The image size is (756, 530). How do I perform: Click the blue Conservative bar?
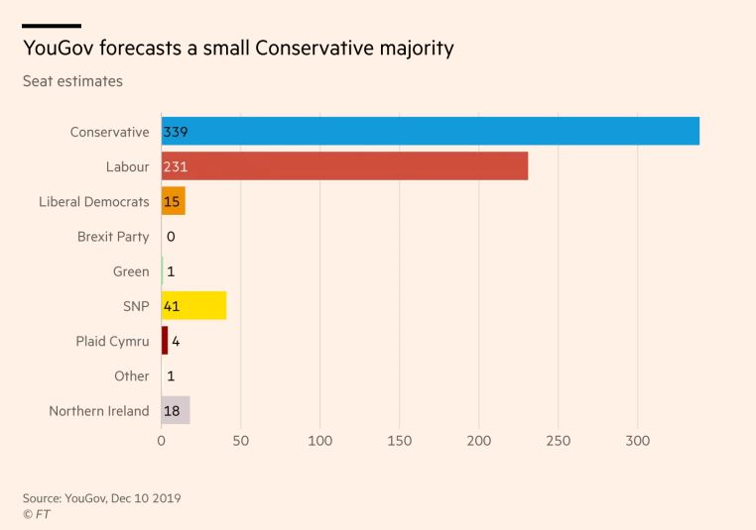click(431, 132)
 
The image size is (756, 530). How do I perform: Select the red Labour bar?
click(344, 166)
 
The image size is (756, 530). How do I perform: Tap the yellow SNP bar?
click(194, 306)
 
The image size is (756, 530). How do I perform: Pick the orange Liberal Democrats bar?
click(174, 201)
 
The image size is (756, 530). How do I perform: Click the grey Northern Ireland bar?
click(176, 410)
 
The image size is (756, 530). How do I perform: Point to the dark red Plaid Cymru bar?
click(165, 341)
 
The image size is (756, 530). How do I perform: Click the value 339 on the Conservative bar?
click(176, 132)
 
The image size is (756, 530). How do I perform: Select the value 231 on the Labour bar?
click(176, 166)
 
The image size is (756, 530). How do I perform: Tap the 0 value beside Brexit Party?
click(171, 237)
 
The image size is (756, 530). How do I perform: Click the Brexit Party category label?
click(113, 237)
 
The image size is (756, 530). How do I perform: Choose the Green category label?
click(131, 271)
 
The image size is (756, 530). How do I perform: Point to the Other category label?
click(132, 376)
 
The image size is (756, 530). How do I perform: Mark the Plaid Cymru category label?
click(112, 341)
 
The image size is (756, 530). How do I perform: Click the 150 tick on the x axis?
click(400, 441)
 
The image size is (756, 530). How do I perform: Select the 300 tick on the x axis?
click(637, 441)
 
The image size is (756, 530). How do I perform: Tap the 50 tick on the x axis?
click(241, 441)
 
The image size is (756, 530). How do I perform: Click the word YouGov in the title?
click(59, 48)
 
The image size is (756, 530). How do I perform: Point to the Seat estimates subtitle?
click(72, 81)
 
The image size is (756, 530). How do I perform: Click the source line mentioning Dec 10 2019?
click(101, 497)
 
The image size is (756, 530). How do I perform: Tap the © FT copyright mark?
click(37, 514)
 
